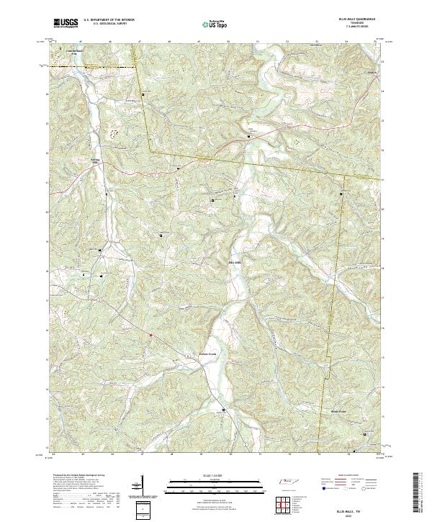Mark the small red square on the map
pos(150,335)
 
